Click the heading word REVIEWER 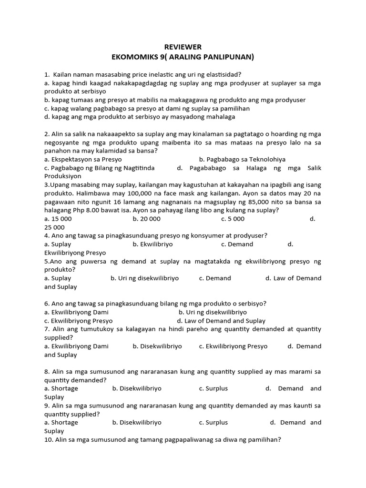coord(183,47)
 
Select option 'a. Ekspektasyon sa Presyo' coord(83,159)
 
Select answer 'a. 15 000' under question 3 coord(58,219)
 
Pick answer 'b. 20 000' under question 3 coord(147,219)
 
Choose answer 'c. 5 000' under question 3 coord(233,219)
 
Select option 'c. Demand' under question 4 coord(237,244)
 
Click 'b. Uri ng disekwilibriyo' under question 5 coord(145,278)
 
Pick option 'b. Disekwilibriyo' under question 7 coord(157,346)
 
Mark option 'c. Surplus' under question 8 coord(213,388)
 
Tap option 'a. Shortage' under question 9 coord(61,422)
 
